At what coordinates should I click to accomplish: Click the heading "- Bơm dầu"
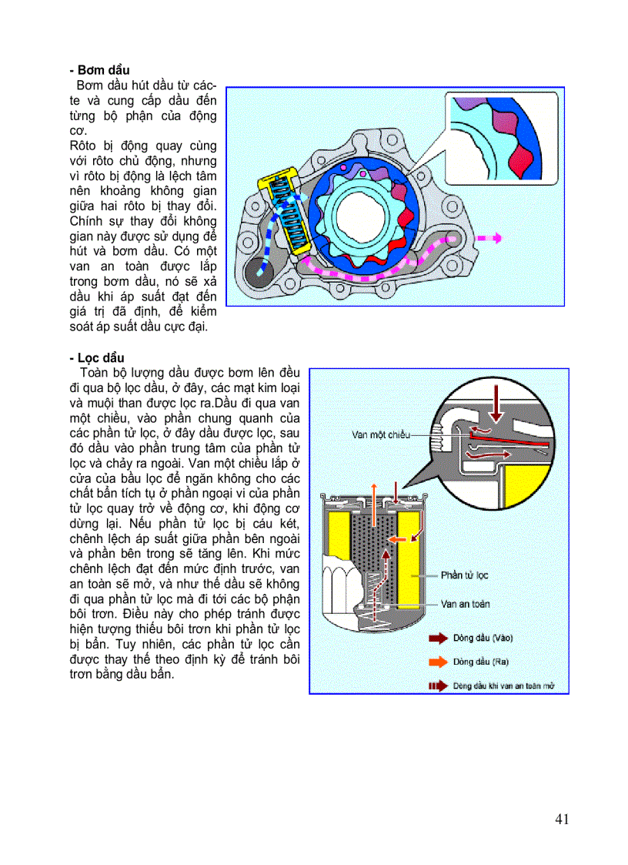[99, 70]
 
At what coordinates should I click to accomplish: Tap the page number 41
[561, 819]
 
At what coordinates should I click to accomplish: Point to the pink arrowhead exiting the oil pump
[497, 238]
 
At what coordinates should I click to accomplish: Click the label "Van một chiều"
[382, 434]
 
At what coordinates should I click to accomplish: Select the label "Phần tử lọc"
[464, 575]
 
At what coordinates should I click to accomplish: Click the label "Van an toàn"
[466, 604]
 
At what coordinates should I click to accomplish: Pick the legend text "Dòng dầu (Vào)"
[483, 638]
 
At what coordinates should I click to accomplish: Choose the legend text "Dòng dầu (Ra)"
[480, 662]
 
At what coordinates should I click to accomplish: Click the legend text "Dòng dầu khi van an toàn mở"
[503, 686]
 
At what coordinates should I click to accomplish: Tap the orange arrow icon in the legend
[437, 662]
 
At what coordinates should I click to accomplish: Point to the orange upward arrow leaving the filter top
[374, 496]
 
